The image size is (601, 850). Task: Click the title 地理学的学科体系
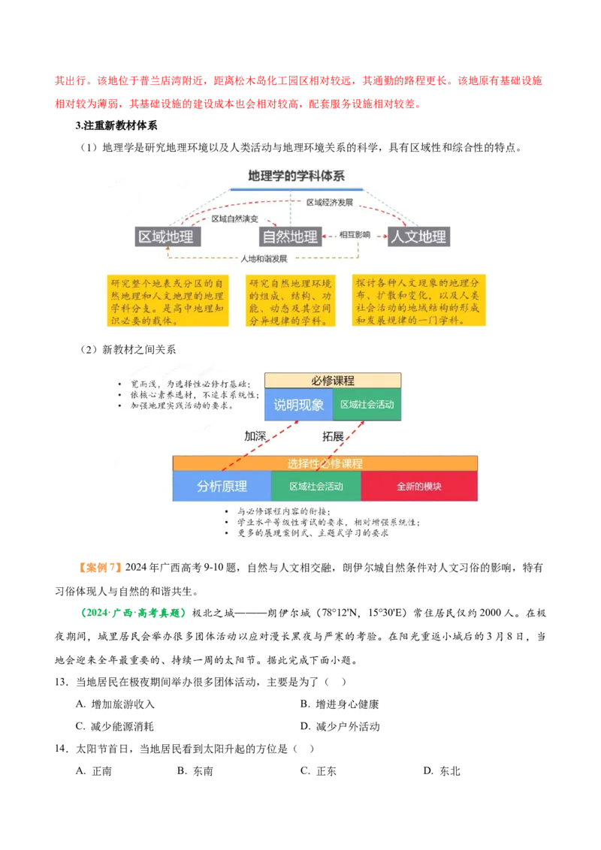click(296, 176)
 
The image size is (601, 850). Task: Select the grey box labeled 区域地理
click(166, 237)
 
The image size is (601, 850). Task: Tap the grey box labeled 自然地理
click(290, 237)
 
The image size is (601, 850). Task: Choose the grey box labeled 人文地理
click(418, 237)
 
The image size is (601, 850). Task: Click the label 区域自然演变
click(234, 219)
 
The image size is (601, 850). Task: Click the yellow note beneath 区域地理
click(168, 300)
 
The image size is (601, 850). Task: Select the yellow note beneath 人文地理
click(418, 300)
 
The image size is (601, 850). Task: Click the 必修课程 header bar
click(332, 381)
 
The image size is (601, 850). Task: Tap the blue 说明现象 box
click(298, 405)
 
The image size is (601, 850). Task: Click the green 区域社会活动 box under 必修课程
click(367, 405)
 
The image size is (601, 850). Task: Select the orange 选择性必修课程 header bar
click(325, 463)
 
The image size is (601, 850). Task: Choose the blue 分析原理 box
click(222, 486)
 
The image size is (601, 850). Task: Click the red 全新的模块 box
click(419, 486)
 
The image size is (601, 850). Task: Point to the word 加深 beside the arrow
click(255, 436)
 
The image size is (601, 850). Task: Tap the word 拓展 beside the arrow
click(333, 436)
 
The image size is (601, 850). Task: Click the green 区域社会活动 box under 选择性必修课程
click(316, 486)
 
